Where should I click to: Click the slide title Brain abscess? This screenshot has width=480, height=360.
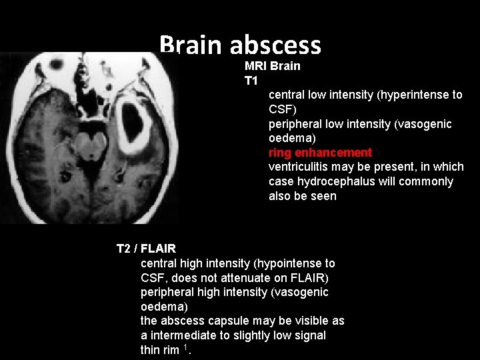(x=240, y=45)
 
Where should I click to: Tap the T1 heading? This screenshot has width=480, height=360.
(x=251, y=81)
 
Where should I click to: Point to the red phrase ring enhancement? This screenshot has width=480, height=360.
(x=320, y=153)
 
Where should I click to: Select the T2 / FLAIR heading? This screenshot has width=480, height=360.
(x=146, y=249)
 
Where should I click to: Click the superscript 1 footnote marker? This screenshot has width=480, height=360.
(x=185, y=347)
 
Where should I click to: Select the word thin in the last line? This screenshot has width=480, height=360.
(x=151, y=350)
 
